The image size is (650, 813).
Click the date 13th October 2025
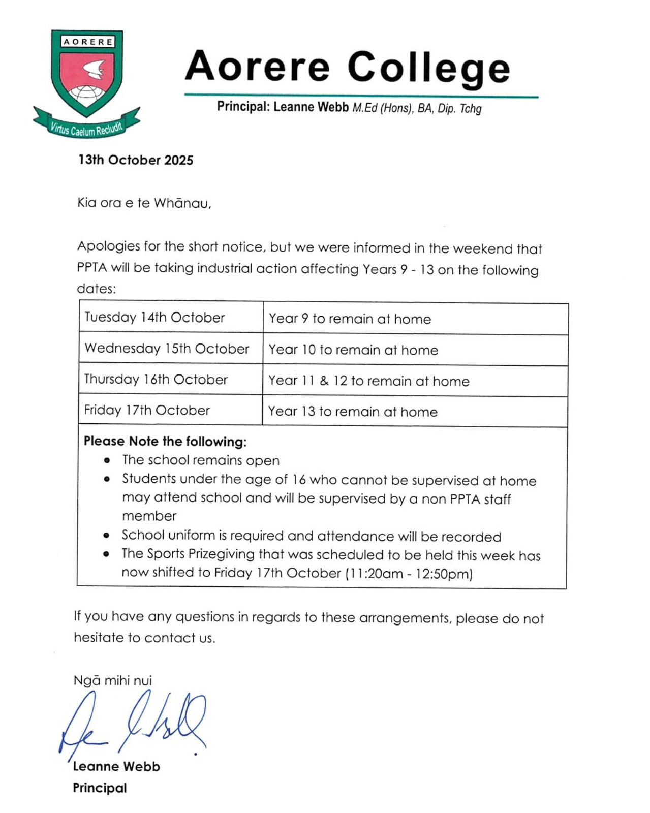click(x=136, y=160)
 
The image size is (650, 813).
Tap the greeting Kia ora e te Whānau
click(x=144, y=203)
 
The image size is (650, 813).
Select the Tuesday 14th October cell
click(x=154, y=318)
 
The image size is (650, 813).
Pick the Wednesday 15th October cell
click(x=167, y=349)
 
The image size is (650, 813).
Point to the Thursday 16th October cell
click(x=156, y=380)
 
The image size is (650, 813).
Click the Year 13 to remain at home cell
click(x=353, y=411)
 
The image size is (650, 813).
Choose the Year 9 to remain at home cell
click(x=350, y=319)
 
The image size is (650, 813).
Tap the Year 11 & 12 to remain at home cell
click(x=368, y=381)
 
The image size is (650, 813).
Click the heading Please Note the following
click(x=165, y=441)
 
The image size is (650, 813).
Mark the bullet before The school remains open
click(x=107, y=461)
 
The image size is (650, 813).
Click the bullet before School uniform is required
click(x=106, y=536)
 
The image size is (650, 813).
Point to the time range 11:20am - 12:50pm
click(x=409, y=574)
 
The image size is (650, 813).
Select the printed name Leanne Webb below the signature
click(x=116, y=766)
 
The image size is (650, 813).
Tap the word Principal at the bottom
click(x=100, y=788)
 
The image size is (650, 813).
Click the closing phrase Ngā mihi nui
click(x=113, y=680)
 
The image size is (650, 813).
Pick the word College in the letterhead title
click(x=429, y=68)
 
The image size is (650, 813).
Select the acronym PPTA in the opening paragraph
click(x=92, y=268)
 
